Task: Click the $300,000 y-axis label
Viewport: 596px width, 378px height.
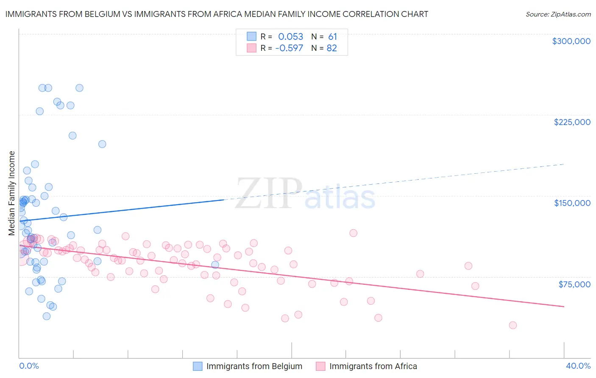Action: pyautogui.click(x=571, y=41)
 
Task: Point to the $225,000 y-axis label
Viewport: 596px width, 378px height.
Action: pyautogui.click(x=572, y=122)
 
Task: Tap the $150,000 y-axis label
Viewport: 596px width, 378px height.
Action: pyautogui.click(x=572, y=203)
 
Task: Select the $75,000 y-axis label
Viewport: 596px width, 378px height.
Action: pyautogui.click(x=574, y=284)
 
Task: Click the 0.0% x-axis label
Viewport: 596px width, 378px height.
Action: pyautogui.click(x=29, y=366)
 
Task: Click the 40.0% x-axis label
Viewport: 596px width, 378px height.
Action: pyautogui.click(x=578, y=366)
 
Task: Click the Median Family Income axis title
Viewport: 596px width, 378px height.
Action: pyautogui.click(x=11, y=193)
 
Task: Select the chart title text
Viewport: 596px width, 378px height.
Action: pyautogui.click(x=216, y=14)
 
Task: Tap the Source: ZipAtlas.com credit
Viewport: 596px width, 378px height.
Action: pyautogui.click(x=558, y=14)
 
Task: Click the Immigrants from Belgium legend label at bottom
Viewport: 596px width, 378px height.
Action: pyautogui.click(x=254, y=366)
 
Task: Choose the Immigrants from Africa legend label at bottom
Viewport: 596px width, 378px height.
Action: pyautogui.click(x=373, y=366)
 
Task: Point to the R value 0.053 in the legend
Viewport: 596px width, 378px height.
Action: pyautogui.click(x=290, y=37)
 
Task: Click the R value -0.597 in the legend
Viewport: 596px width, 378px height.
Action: pyautogui.click(x=289, y=48)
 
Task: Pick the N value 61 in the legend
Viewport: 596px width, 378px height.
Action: pyautogui.click(x=332, y=37)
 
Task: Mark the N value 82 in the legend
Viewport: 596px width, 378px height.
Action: pyautogui.click(x=331, y=48)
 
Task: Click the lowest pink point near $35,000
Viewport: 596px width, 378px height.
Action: pyautogui.click(x=512, y=325)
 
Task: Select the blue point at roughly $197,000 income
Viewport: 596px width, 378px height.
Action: pyautogui.click(x=102, y=144)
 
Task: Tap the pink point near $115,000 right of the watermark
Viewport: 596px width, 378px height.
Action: pyautogui.click(x=353, y=233)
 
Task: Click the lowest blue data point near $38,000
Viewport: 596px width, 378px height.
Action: pyautogui.click(x=47, y=316)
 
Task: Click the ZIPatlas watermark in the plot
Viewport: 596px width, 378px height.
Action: pyautogui.click(x=305, y=195)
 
